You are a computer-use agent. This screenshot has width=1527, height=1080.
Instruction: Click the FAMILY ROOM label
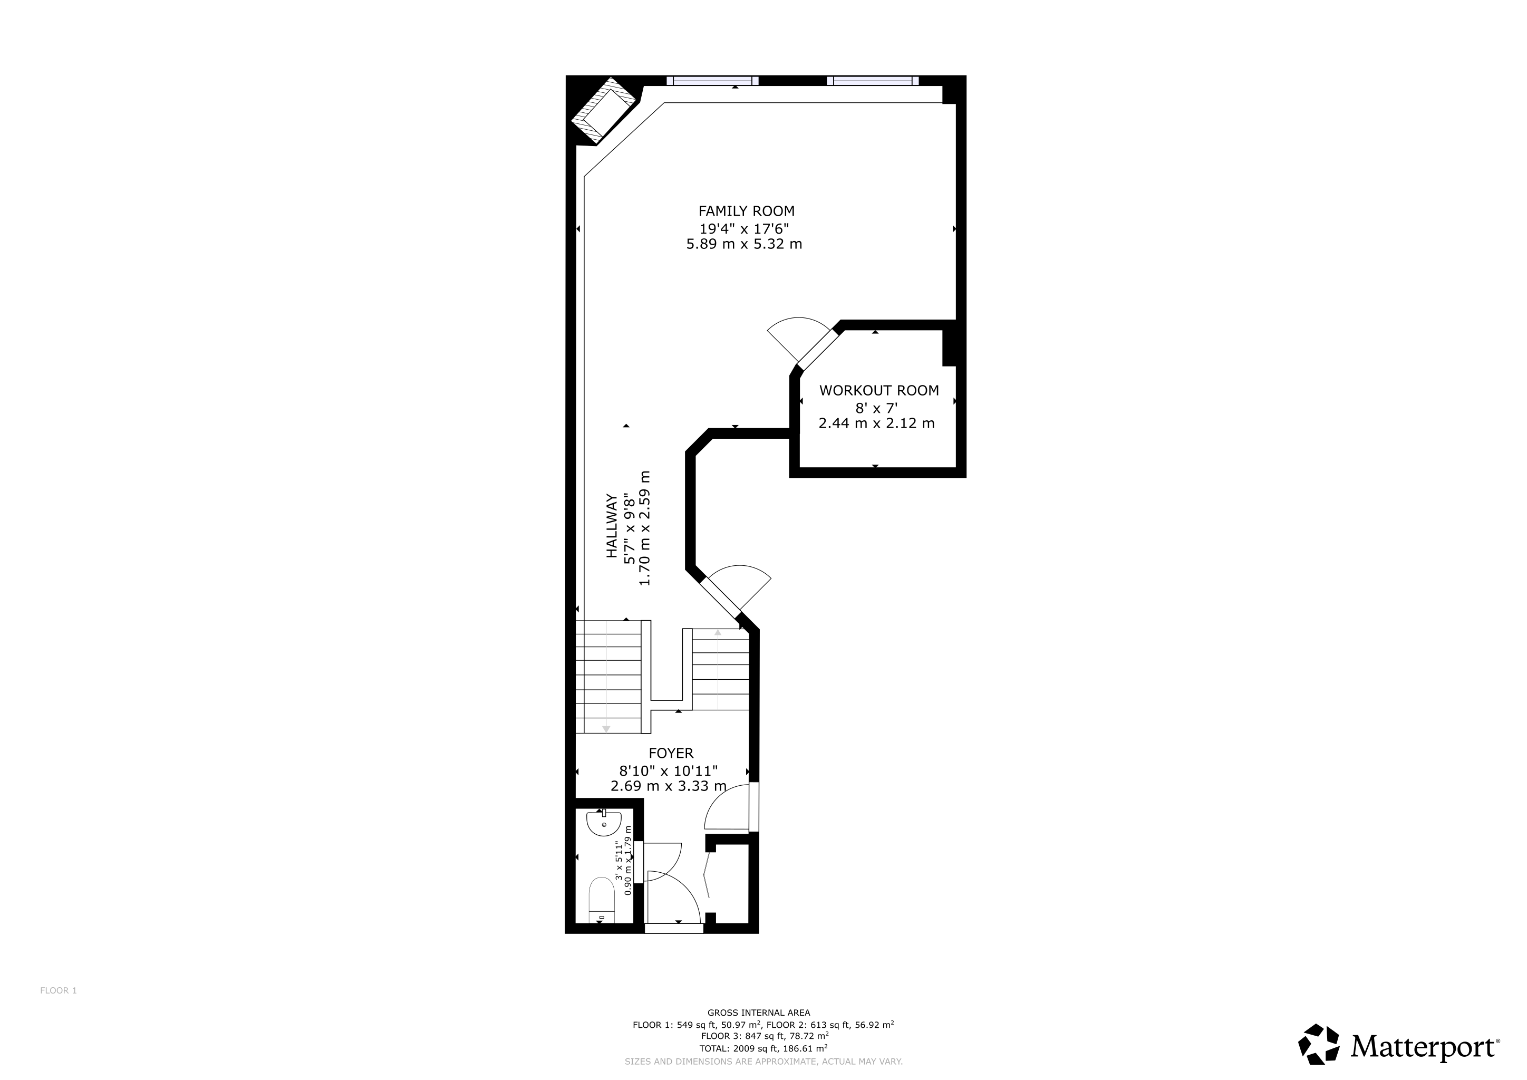pyautogui.click(x=746, y=211)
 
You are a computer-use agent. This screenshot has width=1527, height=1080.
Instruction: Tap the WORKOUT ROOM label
pyautogui.click(x=879, y=390)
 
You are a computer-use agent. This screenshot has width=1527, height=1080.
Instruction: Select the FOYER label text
pyautogui.click(x=671, y=753)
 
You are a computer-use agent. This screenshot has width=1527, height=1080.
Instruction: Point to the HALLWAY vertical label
pyautogui.click(x=611, y=525)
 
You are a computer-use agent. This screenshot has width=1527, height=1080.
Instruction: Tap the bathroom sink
pyautogui.click(x=604, y=823)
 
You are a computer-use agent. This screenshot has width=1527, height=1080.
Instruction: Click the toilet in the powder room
pyautogui.click(x=602, y=900)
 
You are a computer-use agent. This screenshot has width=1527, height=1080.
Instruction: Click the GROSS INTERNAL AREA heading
pyautogui.click(x=759, y=1013)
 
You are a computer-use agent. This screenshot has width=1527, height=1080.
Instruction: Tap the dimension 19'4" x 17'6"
pyautogui.click(x=743, y=228)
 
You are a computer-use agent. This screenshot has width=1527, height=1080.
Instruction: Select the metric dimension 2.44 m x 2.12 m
pyautogui.click(x=876, y=423)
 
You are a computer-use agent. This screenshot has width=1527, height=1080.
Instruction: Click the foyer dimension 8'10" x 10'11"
pyautogui.click(x=669, y=771)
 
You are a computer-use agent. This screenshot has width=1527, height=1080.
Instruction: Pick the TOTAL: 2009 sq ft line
pyautogui.click(x=763, y=1047)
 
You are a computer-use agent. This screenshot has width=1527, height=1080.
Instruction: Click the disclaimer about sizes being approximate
pyautogui.click(x=763, y=1062)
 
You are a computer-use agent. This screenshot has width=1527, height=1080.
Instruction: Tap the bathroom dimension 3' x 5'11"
pyautogui.click(x=618, y=861)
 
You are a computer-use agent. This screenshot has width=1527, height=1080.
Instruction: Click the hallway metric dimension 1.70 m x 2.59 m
pyautogui.click(x=644, y=528)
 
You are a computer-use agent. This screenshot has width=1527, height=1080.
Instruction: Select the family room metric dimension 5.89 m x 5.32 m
pyautogui.click(x=744, y=244)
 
